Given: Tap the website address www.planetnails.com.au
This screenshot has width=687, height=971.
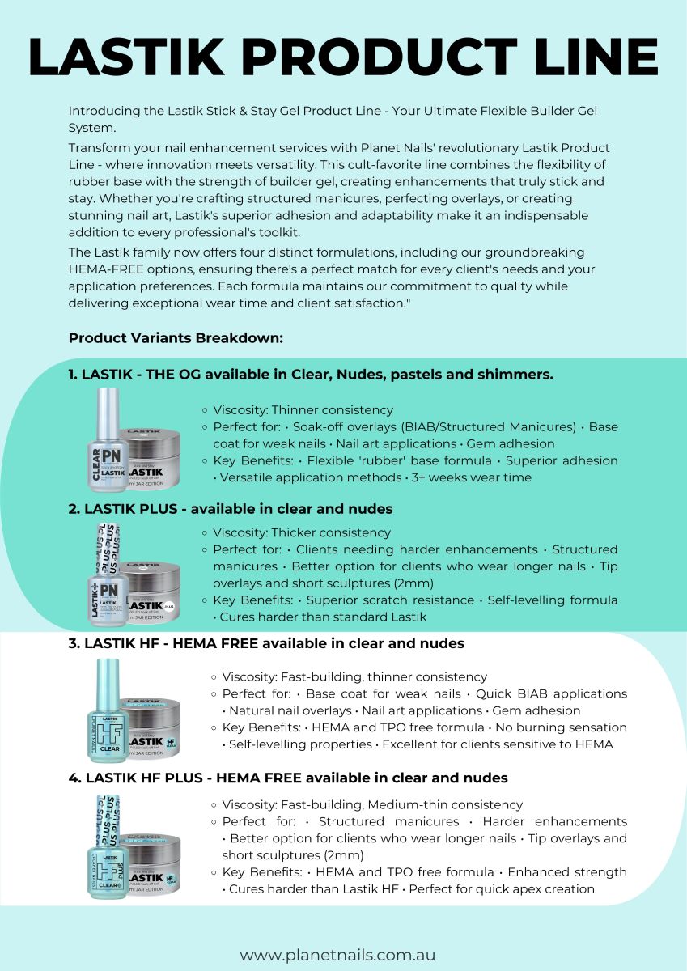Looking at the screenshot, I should tap(343, 955).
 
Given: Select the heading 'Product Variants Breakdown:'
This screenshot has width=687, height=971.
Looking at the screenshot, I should tap(176, 337).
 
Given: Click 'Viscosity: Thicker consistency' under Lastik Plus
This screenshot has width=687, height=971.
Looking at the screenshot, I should tap(301, 532).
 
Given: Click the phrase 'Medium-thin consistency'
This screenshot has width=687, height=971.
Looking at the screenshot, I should tap(456, 804).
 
